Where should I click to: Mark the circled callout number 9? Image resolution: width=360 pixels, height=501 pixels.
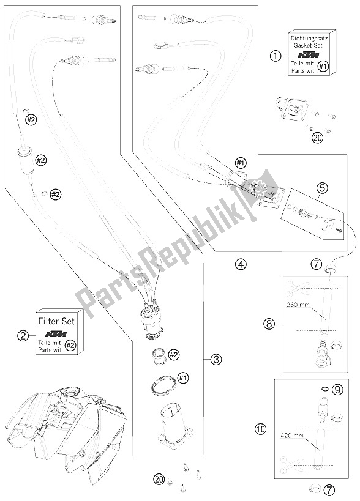(x=337, y=388)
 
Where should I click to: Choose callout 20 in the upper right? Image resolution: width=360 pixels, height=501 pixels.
(x=317, y=138)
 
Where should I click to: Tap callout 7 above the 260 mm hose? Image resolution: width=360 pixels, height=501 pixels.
(x=317, y=264)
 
